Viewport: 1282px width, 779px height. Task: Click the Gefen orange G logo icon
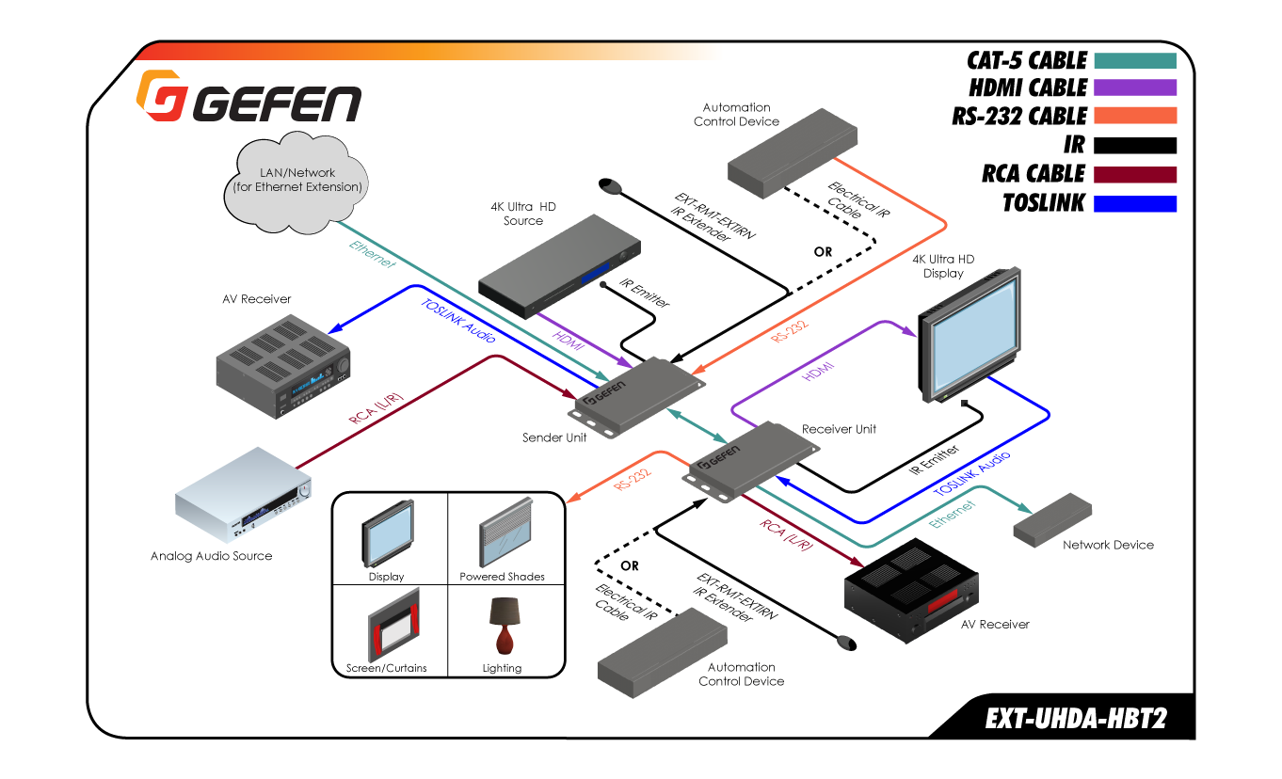tap(160, 96)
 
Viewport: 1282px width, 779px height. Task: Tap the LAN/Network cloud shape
tap(297, 182)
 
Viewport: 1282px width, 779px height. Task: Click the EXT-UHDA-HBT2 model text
tap(1076, 720)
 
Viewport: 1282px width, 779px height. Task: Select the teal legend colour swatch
tap(1135, 60)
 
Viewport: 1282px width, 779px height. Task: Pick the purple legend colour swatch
tap(1135, 87)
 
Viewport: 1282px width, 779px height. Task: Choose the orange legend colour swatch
tap(1135, 115)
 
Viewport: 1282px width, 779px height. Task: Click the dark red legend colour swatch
tap(1135, 175)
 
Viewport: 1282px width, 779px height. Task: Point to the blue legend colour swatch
tap(1135, 203)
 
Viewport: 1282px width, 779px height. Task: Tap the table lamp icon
tap(505, 625)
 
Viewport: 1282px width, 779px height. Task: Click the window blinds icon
tap(506, 532)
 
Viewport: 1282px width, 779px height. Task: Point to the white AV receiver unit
tap(243, 494)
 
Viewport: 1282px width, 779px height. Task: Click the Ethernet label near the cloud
tap(371, 255)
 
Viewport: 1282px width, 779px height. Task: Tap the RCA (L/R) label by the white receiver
tap(377, 410)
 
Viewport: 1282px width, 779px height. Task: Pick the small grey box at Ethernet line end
tap(1052, 519)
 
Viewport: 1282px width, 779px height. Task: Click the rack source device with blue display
tap(559, 266)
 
